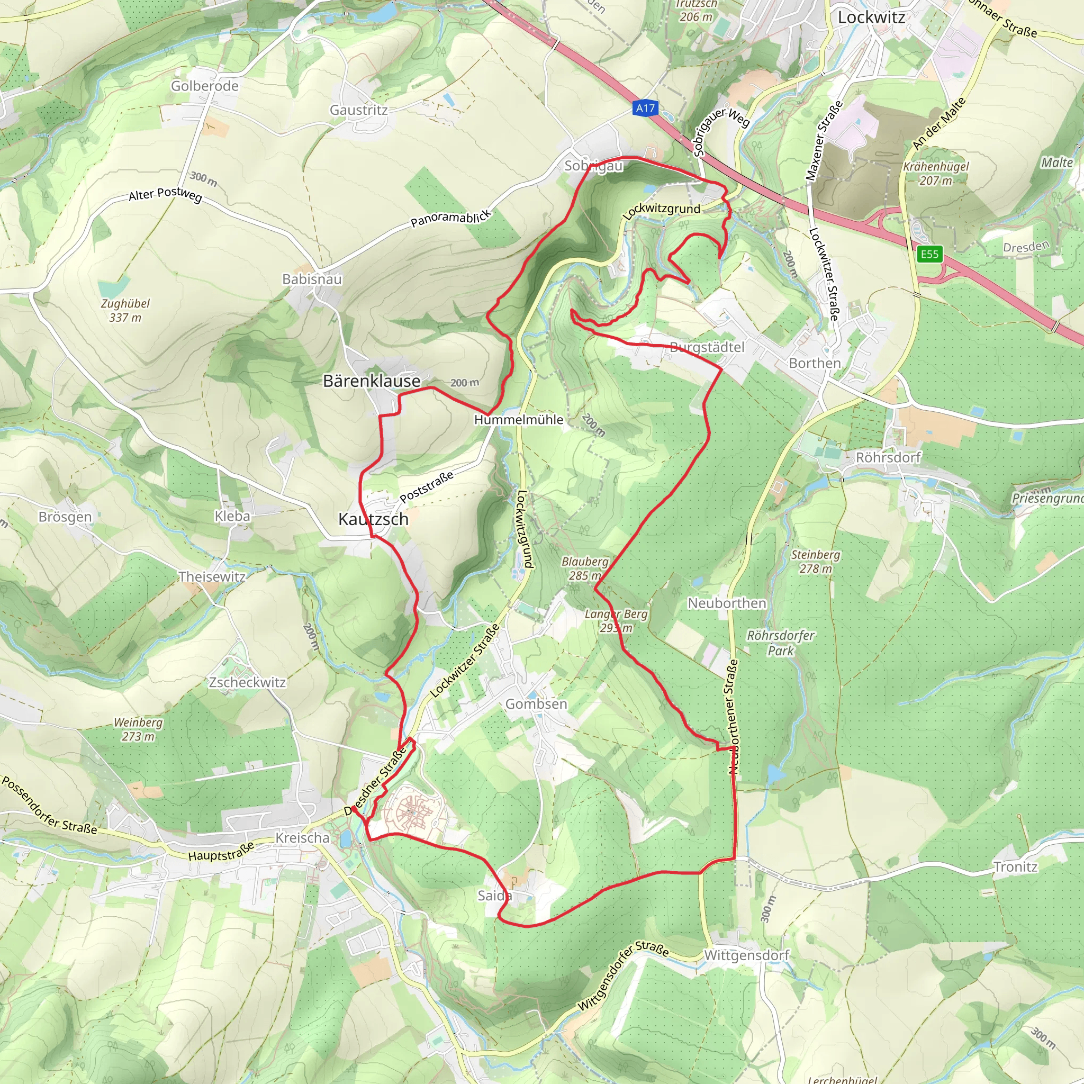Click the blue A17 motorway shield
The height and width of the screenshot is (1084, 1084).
645,109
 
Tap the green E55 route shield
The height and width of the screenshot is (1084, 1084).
929,254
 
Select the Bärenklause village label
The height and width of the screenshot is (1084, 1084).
372,381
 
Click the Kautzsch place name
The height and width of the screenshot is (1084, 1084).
373,519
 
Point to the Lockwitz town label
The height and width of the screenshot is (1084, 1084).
871,17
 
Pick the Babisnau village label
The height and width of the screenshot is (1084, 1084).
312,279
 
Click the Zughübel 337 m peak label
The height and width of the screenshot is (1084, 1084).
125,310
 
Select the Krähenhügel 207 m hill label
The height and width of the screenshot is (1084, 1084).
935,174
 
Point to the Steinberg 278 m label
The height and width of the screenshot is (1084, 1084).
815,562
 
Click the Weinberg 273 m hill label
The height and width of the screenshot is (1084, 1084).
138,729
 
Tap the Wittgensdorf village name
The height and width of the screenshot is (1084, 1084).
746,955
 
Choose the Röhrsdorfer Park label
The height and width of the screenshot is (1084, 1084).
781,643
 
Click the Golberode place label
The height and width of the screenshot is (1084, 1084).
205,86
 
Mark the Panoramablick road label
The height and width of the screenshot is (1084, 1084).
451,218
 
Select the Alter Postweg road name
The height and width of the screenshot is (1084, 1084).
165,194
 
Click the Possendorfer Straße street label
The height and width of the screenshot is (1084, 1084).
49,805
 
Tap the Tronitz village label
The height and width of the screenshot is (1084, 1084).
1015,867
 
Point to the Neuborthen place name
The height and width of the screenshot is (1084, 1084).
727,603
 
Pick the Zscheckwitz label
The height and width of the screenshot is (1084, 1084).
247,682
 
